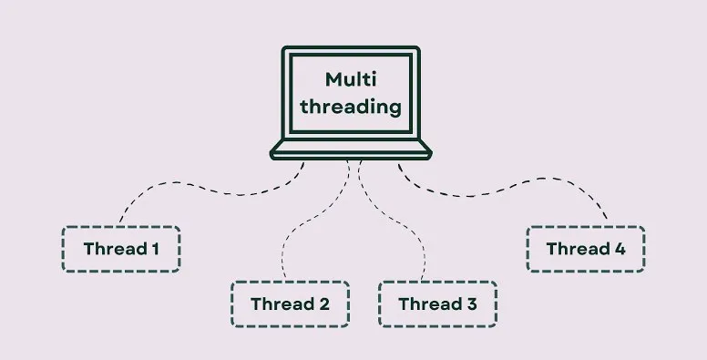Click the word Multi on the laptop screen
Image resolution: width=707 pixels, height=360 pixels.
click(351, 79)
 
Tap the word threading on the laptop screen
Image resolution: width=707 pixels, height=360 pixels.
click(351, 108)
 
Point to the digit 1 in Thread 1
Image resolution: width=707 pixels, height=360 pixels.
click(155, 249)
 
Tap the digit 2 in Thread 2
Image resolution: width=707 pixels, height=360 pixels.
click(324, 304)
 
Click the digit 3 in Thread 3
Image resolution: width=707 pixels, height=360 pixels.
click(472, 304)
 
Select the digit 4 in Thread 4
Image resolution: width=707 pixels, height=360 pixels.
click(620, 249)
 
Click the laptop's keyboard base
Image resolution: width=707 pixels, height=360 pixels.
click(351, 150)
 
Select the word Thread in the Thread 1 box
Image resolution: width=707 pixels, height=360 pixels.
click(115, 249)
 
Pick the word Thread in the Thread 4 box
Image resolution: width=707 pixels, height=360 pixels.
click(578, 249)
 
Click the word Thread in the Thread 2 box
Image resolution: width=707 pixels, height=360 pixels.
click(282, 304)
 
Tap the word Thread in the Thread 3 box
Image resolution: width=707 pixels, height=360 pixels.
click(430, 304)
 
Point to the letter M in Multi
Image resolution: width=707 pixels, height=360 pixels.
click(333, 80)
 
